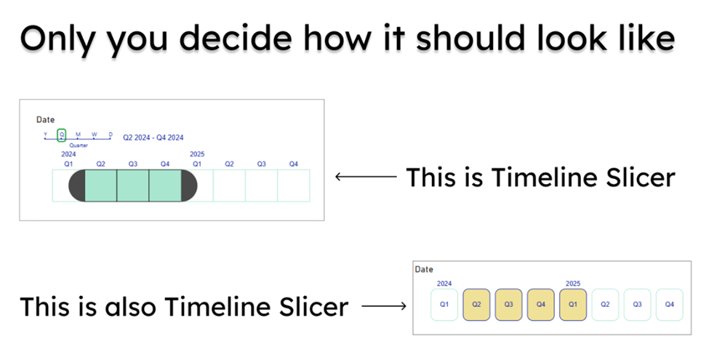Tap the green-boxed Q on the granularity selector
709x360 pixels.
62,135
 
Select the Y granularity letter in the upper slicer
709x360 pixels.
45,135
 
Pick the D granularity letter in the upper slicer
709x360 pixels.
111,135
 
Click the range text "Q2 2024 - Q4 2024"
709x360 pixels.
153,137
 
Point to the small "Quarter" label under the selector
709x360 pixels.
79,145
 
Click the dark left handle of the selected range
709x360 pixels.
77,185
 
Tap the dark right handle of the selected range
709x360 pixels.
189,185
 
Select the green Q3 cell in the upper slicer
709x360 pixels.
133,185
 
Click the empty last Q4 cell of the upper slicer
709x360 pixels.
294,185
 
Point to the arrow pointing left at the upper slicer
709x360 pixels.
366,177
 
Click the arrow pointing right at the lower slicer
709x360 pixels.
384,306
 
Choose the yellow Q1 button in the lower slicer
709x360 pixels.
573,305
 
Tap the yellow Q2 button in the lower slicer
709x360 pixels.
476,305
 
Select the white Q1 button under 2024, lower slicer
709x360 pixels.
444,305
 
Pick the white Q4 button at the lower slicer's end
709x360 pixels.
670,305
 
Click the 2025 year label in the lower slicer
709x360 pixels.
573,284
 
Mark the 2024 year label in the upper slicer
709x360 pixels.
69,154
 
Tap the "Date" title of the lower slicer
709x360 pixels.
424,270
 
